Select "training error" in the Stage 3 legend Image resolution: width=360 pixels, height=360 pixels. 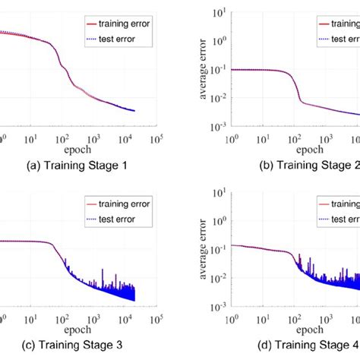(123, 203)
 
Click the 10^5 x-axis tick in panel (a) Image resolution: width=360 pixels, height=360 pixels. (158, 140)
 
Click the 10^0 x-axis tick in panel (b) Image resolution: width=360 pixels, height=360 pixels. (229, 140)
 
